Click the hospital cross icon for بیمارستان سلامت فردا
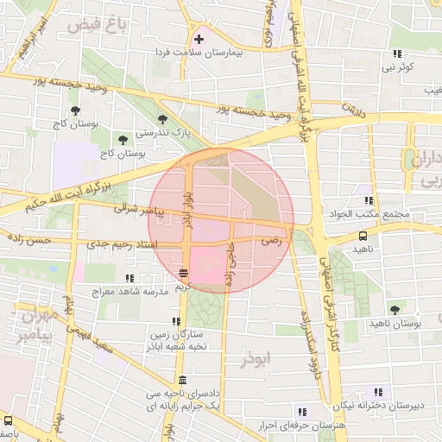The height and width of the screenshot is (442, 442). coord(199,39)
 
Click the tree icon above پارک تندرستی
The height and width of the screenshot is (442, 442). coord(162,119)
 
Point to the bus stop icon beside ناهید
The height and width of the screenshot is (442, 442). coord(362,235)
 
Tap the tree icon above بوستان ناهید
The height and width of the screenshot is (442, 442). coord(395,309)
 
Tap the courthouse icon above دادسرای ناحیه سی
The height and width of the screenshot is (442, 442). coord(181,381)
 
